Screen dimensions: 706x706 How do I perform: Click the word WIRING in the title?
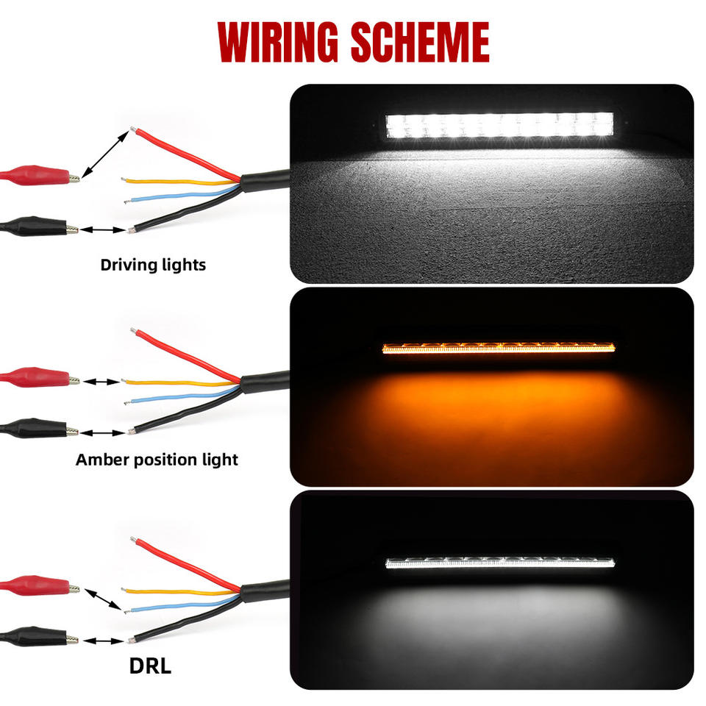click(278, 42)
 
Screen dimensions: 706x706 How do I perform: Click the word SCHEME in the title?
click(421, 42)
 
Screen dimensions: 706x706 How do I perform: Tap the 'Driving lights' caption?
click(153, 265)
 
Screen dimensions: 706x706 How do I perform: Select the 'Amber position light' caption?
click(157, 460)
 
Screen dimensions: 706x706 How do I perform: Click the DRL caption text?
click(150, 666)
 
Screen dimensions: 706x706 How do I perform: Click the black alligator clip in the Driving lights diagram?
click(39, 227)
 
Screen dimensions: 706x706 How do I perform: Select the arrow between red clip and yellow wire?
click(101, 382)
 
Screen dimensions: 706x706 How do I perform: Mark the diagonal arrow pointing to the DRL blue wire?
click(103, 599)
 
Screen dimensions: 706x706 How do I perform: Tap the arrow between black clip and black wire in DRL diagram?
click(103, 641)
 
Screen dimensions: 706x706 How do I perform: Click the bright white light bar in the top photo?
click(500, 125)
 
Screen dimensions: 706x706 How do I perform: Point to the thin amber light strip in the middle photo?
click(499, 348)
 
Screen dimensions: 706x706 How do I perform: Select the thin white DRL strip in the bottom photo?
click(500, 563)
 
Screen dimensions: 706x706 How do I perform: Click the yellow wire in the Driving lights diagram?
click(180, 182)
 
